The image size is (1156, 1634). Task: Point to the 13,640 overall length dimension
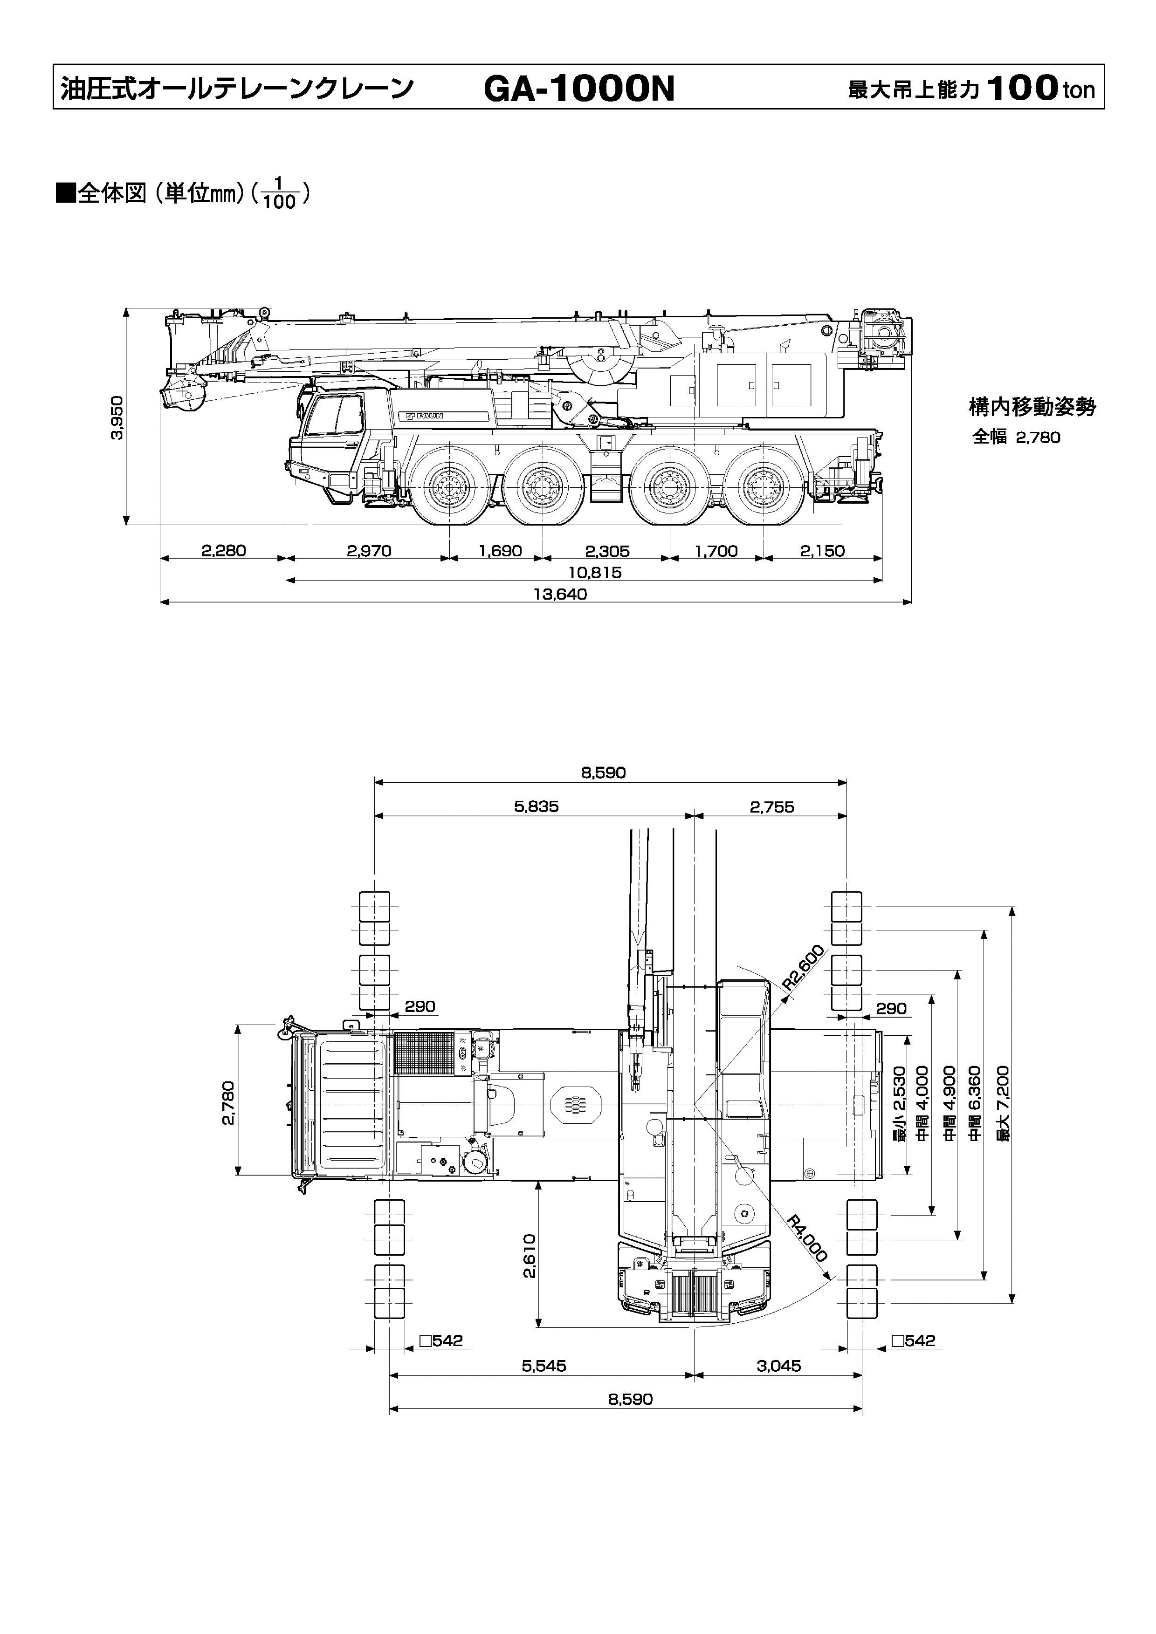pyautogui.click(x=560, y=594)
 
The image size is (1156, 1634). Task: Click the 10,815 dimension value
pyautogui.click(x=595, y=572)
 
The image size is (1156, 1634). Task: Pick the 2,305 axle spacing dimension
pyautogui.click(x=607, y=551)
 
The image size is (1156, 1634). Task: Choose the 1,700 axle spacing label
pyautogui.click(x=716, y=551)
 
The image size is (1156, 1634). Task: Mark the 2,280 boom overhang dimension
pyautogui.click(x=224, y=550)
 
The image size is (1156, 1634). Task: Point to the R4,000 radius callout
pyautogui.click(x=808, y=1239)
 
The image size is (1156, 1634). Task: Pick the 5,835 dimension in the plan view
pyautogui.click(x=537, y=807)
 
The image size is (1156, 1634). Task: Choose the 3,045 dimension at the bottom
pyautogui.click(x=779, y=1366)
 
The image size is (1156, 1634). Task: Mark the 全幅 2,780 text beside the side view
pyautogui.click(x=1017, y=438)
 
